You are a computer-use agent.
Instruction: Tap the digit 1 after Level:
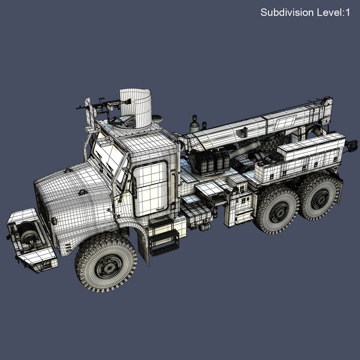(347, 13)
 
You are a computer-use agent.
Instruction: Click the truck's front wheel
(106, 262)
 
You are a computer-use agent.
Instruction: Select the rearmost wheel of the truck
(319, 197)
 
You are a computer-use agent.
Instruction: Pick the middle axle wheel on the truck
(278, 209)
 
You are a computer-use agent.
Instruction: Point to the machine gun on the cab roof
(101, 105)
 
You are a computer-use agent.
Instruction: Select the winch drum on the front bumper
(28, 235)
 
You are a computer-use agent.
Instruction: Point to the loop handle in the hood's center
(83, 192)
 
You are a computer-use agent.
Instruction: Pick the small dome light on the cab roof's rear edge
(157, 118)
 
